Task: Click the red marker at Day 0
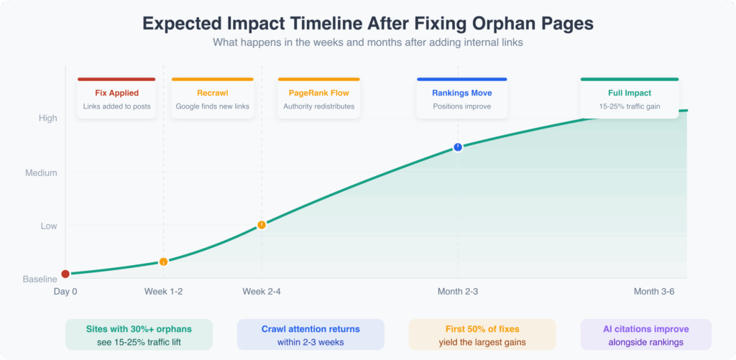(x=65, y=274)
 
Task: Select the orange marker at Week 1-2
(x=163, y=262)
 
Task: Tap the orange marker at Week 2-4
(x=262, y=225)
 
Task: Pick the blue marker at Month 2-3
(x=458, y=147)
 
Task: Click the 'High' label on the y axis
(x=47, y=119)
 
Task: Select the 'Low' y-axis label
(x=49, y=226)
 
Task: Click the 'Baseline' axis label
(x=40, y=279)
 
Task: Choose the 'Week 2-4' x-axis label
(x=262, y=291)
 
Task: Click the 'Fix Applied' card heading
(x=116, y=93)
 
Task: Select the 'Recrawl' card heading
(x=212, y=93)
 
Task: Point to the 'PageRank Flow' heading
(x=318, y=93)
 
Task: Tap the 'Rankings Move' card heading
(x=461, y=93)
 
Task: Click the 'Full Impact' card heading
(x=630, y=93)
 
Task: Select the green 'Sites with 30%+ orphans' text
(x=139, y=329)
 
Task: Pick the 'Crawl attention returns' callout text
(x=310, y=329)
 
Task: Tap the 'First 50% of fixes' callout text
(x=482, y=329)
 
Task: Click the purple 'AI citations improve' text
(x=645, y=329)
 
